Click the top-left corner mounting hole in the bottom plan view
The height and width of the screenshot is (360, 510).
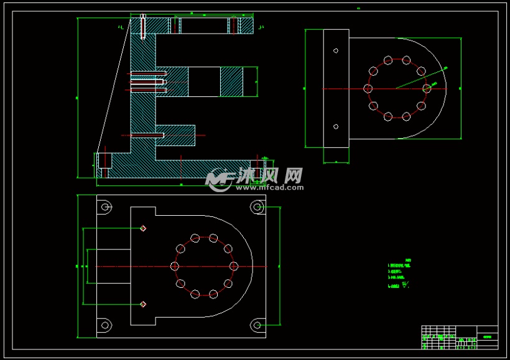point(105,206)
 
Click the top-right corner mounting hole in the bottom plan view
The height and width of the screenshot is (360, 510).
point(256,206)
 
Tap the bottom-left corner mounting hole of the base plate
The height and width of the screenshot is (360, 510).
point(105,324)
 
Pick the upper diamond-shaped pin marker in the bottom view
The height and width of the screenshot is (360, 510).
point(143,228)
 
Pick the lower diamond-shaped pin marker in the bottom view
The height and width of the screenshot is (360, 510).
point(143,304)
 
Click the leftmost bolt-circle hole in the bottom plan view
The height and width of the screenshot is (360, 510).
point(175,266)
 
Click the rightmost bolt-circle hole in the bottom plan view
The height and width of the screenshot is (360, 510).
point(234,266)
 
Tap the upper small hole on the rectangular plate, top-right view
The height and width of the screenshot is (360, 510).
point(336,50)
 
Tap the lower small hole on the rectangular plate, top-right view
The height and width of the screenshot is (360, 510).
point(336,127)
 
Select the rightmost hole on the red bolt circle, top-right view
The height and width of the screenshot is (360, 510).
point(427,88)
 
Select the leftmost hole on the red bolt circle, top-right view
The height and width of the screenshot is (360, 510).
point(368,88)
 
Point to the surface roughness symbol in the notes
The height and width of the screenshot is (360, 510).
point(406,285)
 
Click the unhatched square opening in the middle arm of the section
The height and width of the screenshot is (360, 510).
point(204,81)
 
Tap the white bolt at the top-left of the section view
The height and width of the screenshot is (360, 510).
point(143,25)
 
